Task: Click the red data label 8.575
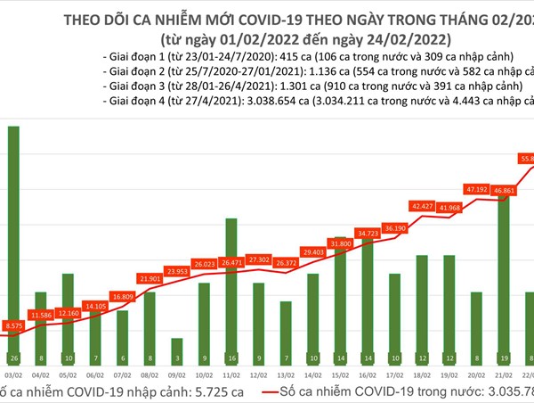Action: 13,326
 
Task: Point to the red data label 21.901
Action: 150,278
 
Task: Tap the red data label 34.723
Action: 367,233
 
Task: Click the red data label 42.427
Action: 421,206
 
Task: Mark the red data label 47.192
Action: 476,189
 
